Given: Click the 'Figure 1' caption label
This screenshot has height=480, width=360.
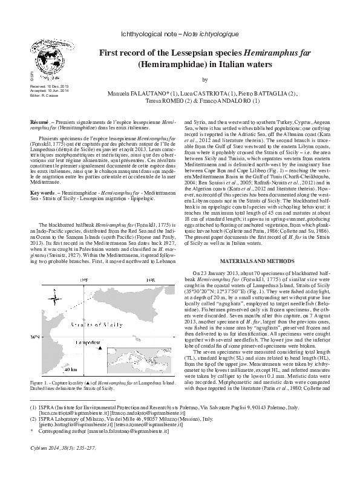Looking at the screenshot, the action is [41, 383].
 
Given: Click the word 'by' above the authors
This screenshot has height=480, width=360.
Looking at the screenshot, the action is [205, 79].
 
